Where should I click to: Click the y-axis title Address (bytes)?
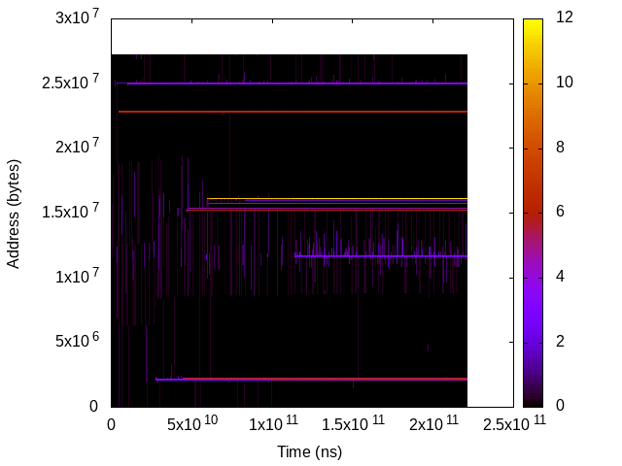click(x=14, y=212)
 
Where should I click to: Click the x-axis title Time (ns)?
click(x=310, y=451)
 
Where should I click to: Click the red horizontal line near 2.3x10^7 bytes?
click(x=292, y=112)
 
